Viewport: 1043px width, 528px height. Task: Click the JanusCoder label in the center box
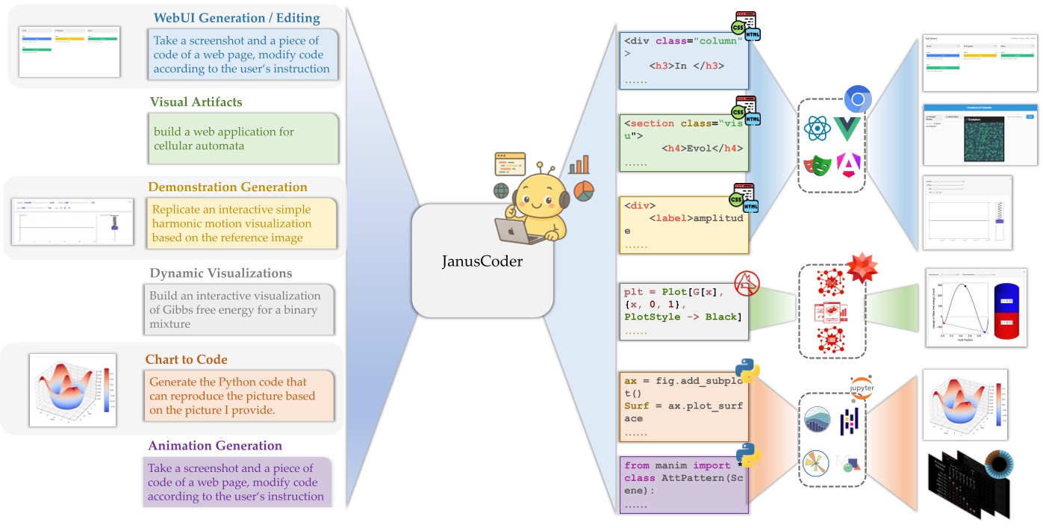click(x=482, y=261)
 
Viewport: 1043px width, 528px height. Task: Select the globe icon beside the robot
click(x=501, y=191)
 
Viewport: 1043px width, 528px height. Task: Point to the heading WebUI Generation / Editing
click(x=236, y=18)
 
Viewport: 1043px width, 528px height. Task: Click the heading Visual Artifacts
click(x=196, y=102)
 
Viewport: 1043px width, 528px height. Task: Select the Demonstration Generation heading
click(x=227, y=187)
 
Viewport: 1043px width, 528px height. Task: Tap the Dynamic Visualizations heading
click(x=221, y=273)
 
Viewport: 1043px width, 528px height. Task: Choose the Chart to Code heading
click(x=186, y=359)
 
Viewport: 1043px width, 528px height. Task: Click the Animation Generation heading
click(x=215, y=446)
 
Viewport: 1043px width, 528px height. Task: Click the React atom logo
click(x=818, y=128)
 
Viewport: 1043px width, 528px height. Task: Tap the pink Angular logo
click(x=848, y=165)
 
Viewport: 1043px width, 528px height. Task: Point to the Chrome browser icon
click(x=859, y=99)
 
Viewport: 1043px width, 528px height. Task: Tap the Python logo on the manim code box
click(x=747, y=453)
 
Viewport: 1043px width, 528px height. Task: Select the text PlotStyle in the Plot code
click(x=652, y=317)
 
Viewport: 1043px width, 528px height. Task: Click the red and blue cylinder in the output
click(x=1005, y=312)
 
